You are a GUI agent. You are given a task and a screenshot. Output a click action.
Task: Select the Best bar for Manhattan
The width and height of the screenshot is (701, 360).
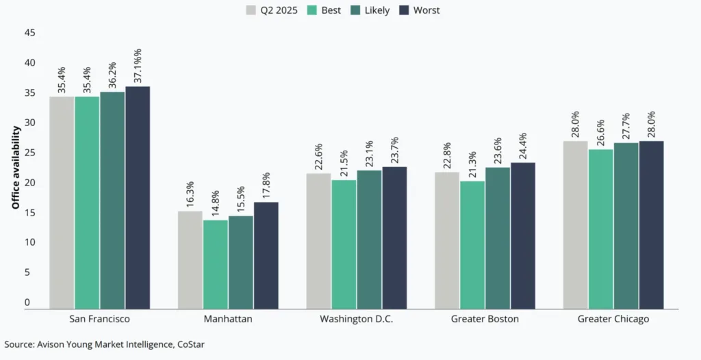216,264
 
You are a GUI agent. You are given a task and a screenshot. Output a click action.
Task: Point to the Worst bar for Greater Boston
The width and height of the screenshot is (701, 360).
523,235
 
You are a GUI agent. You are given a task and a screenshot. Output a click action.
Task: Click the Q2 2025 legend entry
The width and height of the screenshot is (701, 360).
272,10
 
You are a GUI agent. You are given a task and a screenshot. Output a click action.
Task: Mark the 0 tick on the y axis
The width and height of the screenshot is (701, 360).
27,303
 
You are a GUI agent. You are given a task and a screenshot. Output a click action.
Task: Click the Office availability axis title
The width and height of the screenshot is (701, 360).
15,168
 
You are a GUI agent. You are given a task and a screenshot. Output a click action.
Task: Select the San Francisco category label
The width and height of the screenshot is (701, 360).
100,319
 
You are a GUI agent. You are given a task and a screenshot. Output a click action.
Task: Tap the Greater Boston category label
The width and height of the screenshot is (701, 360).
485,319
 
